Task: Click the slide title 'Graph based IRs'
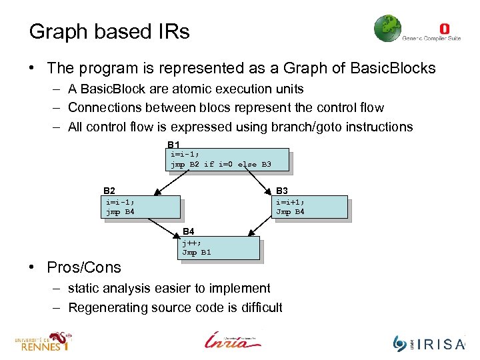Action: coord(109,31)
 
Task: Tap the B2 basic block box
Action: coord(142,207)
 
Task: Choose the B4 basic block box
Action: coord(219,247)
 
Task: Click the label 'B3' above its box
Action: coord(282,191)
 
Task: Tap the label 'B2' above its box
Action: coord(109,191)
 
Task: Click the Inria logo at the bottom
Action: coord(233,340)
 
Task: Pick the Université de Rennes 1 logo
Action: coord(43,341)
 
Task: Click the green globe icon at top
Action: coord(387,29)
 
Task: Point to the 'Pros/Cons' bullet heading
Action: coord(84,267)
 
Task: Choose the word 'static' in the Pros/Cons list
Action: coord(83,288)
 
